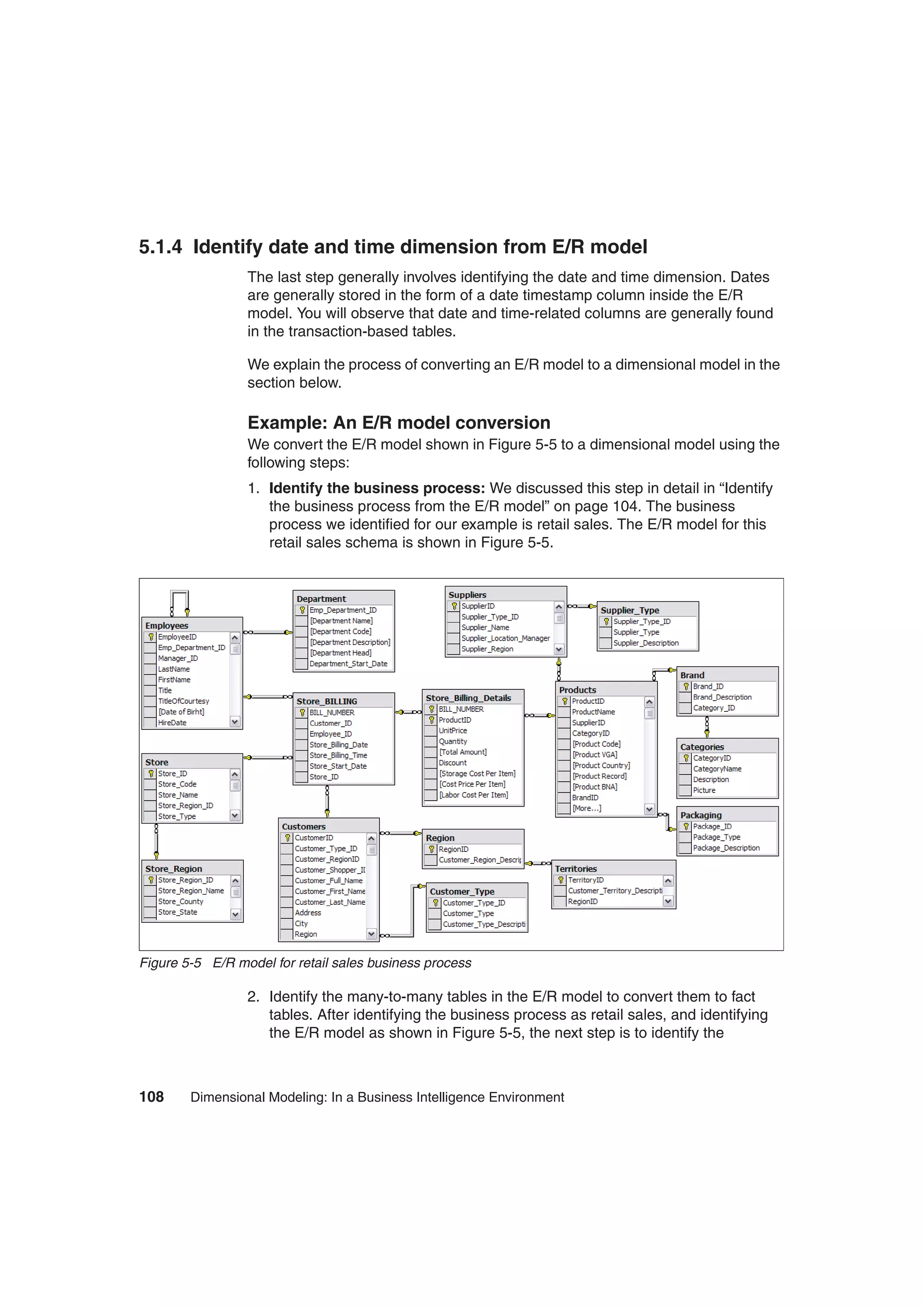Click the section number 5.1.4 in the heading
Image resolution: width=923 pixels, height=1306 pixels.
tap(160, 247)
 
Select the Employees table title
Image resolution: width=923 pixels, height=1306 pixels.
tap(167, 626)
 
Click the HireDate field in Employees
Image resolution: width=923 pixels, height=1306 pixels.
tap(172, 723)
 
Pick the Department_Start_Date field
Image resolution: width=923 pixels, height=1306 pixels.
tap(348, 664)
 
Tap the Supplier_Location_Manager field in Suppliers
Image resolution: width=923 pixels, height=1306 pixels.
tap(505, 638)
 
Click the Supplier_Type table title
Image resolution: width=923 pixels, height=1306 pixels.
tap(630, 610)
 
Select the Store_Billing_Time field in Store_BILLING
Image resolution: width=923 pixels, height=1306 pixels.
tap(338, 756)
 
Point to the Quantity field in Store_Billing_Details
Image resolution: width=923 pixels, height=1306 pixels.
tap(452, 742)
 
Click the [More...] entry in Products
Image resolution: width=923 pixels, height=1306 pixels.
tap(586, 808)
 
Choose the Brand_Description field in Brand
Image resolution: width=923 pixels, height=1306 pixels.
tap(722, 697)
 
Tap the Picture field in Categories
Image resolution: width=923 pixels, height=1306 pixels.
tap(704, 791)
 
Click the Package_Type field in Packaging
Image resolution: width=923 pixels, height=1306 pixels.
tap(716, 837)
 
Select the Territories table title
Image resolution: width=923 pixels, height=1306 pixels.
tap(576, 869)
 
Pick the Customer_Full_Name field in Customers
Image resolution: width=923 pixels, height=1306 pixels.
tap(328, 880)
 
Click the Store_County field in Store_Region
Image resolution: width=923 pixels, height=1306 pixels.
tap(180, 902)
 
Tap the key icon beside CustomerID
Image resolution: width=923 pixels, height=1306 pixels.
tap(288, 838)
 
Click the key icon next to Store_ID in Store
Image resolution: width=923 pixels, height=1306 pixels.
tap(151, 774)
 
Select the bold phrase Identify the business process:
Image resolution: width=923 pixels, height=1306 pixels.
tap(376, 489)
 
